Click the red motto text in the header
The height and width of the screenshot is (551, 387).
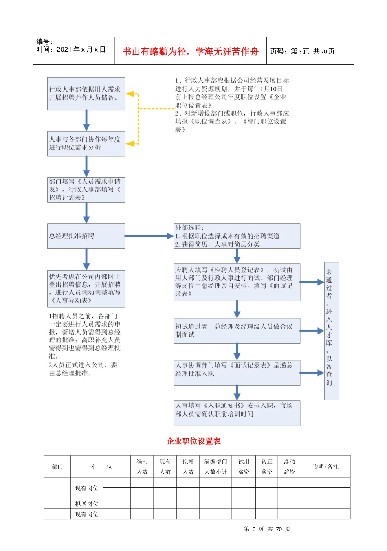pos(190,51)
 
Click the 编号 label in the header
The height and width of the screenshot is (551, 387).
pos(44,42)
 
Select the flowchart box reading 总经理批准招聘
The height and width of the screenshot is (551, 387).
pos(86,236)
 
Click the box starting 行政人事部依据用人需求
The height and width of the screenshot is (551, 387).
pos(86,94)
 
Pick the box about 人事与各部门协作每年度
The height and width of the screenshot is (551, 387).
pos(86,143)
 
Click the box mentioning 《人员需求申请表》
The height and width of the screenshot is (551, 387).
pos(86,189)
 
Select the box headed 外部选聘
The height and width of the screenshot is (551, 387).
pos(237,236)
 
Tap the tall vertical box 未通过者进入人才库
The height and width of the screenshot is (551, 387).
pos(331,331)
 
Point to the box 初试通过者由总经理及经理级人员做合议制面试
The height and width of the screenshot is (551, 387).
pos(237,331)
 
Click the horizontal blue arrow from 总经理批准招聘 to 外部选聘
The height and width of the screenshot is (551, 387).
pos(149,236)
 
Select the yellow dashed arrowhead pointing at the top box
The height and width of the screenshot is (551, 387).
pos(130,94)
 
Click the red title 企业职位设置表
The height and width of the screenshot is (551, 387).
pos(193,441)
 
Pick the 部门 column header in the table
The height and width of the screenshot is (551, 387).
pos(57,467)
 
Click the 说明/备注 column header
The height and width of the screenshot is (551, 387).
pos(325,467)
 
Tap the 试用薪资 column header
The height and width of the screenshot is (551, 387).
pos(244,467)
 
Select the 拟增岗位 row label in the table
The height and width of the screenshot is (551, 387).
pos(86,504)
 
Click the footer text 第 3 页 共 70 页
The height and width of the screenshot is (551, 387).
pos(267,529)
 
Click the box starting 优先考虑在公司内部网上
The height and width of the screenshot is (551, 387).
pos(86,288)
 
